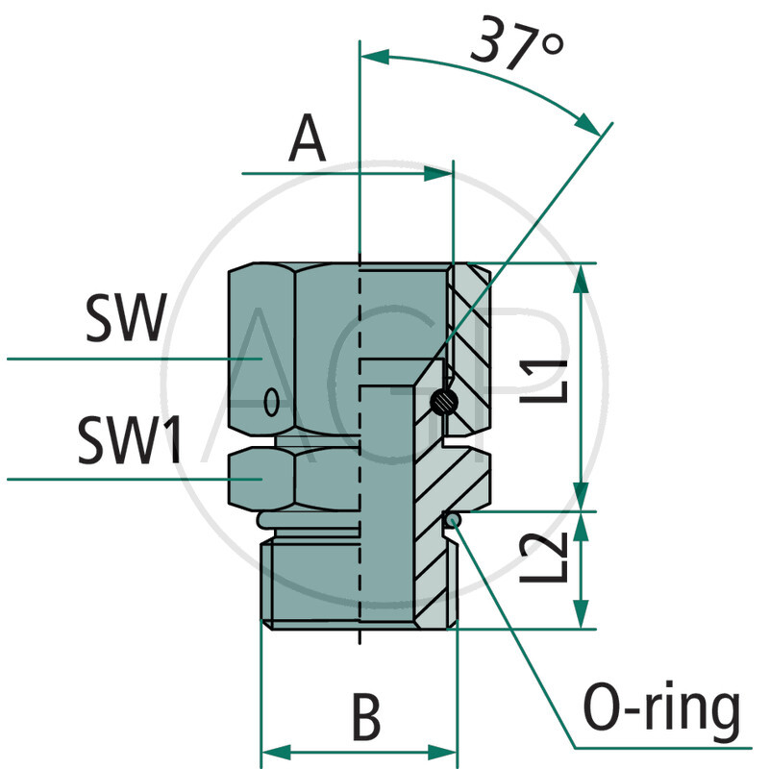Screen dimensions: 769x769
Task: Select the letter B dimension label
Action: click(x=366, y=716)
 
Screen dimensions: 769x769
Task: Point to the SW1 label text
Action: click(x=131, y=443)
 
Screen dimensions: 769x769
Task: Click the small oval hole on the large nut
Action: click(x=273, y=399)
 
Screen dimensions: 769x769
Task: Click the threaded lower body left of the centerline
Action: click(x=312, y=582)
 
